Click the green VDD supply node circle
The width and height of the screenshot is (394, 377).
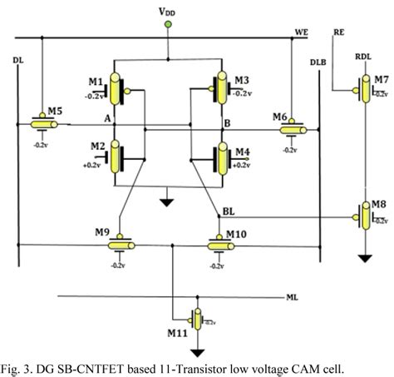pos(169,27)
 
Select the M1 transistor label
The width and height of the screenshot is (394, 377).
pos(95,81)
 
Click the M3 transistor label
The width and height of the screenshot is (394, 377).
pos(241,80)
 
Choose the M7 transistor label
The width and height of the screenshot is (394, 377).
pos(381,78)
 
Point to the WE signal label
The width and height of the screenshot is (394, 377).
pos(301,32)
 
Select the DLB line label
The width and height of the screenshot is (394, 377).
pos(318,62)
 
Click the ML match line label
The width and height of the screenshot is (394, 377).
pos(291,296)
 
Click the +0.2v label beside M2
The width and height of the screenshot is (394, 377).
pos(91,165)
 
